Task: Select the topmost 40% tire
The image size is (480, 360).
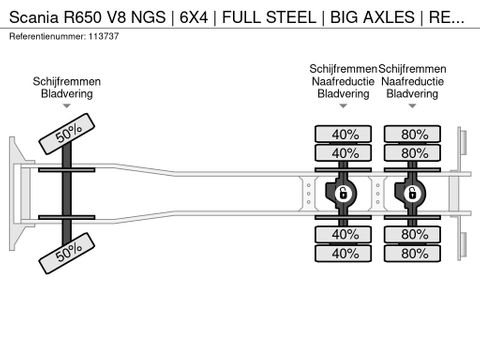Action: [x=344, y=134]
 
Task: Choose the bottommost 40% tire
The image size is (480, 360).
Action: [x=344, y=253]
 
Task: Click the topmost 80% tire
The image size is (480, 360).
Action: [x=414, y=134]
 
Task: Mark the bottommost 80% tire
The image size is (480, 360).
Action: [x=414, y=253]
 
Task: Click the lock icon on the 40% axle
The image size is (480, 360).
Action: [x=342, y=193]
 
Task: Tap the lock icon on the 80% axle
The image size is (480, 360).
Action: [x=412, y=193]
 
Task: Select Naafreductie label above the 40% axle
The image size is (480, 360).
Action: [x=343, y=82]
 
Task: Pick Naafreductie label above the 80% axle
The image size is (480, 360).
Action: [x=413, y=82]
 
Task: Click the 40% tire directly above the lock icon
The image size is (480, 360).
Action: [x=344, y=153]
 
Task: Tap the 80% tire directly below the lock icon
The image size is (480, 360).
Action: [x=414, y=234]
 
